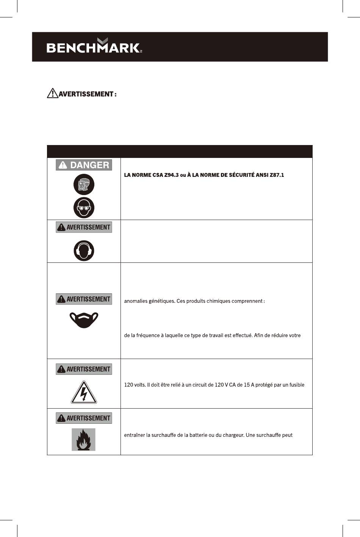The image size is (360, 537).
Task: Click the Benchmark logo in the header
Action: pyautogui.click(x=94, y=47)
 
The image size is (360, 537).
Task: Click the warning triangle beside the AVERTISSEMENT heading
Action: pyautogui.click(x=52, y=93)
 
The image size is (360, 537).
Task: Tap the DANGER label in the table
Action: pyautogui.click(x=84, y=165)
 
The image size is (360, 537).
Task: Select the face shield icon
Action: pyautogui.click(x=84, y=185)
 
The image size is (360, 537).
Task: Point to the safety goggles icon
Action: pyautogui.click(x=84, y=208)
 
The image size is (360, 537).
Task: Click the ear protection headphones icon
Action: pyautogui.click(x=84, y=250)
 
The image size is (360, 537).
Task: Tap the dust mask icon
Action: pyautogui.click(x=84, y=320)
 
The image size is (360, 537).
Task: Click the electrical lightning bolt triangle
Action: pyautogui.click(x=84, y=392)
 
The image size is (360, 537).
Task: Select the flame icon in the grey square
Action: pyautogui.click(x=84, y=440)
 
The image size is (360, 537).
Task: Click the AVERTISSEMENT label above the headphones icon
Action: pyautogui.click(x=84, y=227)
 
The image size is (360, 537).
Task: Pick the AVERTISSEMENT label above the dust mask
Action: pyautogui.click(x=84, y=299)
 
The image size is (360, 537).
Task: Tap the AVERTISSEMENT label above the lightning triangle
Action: pyautogui.click(x=84, y=369)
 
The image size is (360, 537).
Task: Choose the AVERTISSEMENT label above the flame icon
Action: pyautogui.click(x=84, y=418)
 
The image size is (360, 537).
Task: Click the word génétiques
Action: pyautogui.click(x=161, y=301)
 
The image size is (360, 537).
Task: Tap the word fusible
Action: pyautogui.click(x=296, y=385)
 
